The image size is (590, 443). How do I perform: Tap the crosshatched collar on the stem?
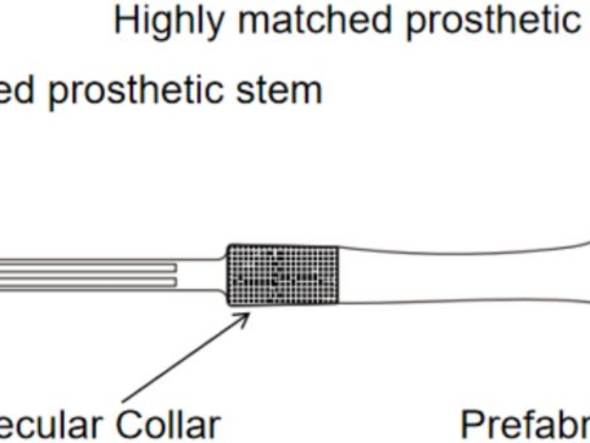284,274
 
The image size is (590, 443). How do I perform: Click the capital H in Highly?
124,21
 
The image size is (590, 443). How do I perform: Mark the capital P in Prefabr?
470,422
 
